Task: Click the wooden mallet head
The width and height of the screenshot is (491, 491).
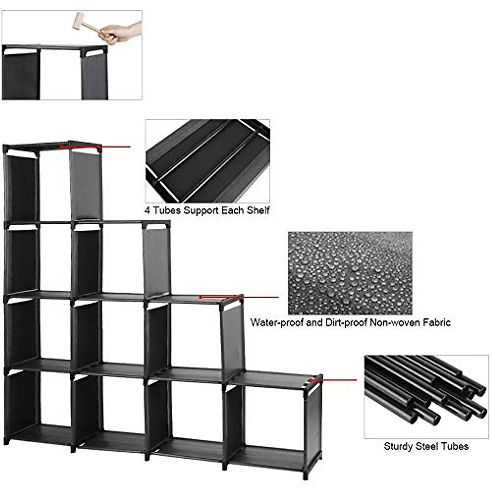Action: (x=79, y=20)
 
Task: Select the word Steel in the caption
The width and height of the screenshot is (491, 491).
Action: (x=427, y=446)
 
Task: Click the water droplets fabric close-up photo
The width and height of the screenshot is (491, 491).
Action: (x=350, y=273)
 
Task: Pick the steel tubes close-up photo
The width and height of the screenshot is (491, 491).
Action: (x=426, y=396)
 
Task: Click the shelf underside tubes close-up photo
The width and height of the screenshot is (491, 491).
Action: (x=208, y=161)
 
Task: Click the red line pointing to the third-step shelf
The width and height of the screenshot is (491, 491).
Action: (x=239, y=297)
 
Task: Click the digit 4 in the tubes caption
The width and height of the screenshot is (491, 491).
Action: (x=146, y=211)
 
